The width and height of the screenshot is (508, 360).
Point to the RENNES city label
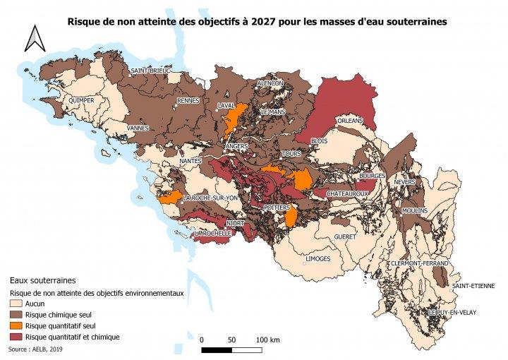tap(188, 101)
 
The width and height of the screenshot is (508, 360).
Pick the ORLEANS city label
tap(350, 121)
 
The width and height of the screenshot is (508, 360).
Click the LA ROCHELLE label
tap(214, 233)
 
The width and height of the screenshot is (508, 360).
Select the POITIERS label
tap(276, 208)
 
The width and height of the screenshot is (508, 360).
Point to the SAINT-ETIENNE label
tap(473, 286)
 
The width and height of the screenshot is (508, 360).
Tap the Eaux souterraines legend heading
tap(41, 280)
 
